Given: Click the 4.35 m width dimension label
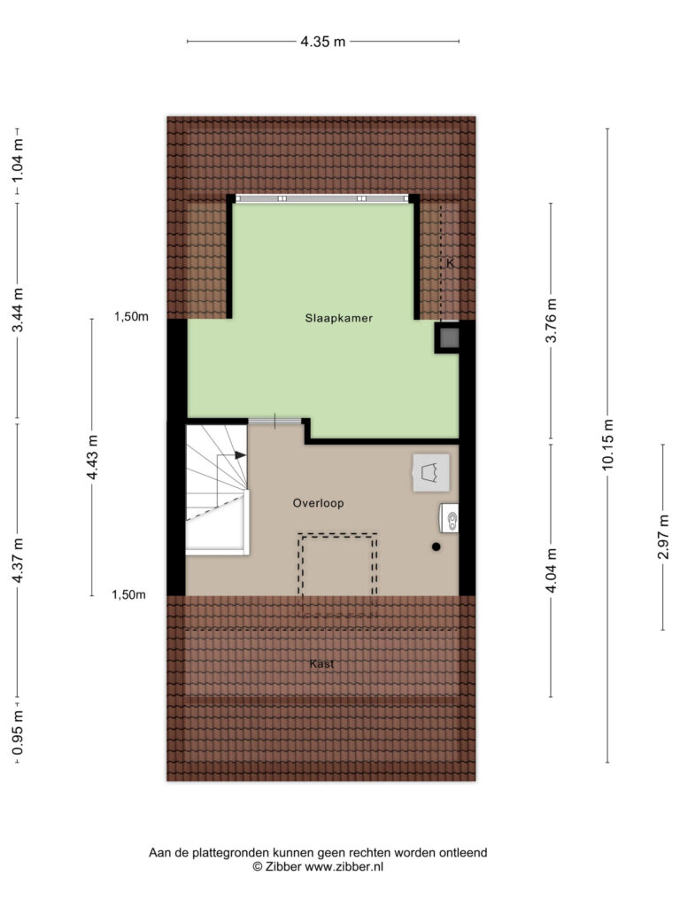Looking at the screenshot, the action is tap(322, 42).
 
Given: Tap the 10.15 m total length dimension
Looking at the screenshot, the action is tap(607, 445).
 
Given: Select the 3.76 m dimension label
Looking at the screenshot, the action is tap(551, 321).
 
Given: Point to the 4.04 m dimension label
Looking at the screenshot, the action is tap(551, 570).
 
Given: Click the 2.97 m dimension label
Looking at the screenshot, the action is tap(663, 537).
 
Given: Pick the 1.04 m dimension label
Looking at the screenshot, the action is tap(18, 159).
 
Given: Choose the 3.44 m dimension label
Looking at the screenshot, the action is tap(18, 310).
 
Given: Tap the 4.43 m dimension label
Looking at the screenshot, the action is tap(92, 457).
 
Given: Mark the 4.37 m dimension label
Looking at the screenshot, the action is tap(18, 561).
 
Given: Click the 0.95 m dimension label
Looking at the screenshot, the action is tap(18, 733).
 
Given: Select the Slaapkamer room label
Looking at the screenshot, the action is tap(339, 318).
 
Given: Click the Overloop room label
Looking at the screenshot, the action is tap(318, 503).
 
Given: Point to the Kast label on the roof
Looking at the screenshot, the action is tap(321, 663).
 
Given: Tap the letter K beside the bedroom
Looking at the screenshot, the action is tap(450, 263).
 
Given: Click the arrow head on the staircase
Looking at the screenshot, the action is tap(241, 455).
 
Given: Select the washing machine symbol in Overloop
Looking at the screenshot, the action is tap(431, 473).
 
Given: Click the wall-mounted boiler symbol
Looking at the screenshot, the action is tap(449, 517).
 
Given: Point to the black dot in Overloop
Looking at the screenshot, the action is tap(436, 547).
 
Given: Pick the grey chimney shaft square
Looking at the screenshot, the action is tap(447, 337).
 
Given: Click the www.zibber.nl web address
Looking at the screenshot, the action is tap(344, 866).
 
